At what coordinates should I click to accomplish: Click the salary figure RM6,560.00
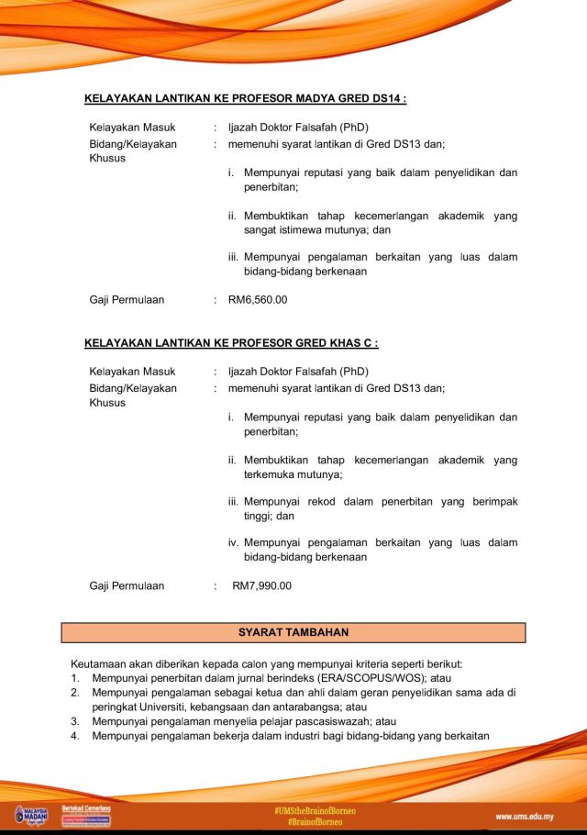(x=258, y=299)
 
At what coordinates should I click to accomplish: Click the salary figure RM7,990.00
(x=262, y=585)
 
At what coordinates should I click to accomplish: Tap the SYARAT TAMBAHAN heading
(x=293, y=632)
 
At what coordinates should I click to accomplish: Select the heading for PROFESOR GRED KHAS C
(x=231, y=342)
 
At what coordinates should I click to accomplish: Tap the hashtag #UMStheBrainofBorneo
(x=315, y=810)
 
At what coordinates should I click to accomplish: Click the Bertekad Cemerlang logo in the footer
(x=86, y=815)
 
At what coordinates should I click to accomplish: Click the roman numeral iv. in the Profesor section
(x=234, y=542)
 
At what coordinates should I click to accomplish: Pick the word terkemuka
(x=272, y=474)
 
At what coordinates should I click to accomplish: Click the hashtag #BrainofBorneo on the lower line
(x=315, y=822)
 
